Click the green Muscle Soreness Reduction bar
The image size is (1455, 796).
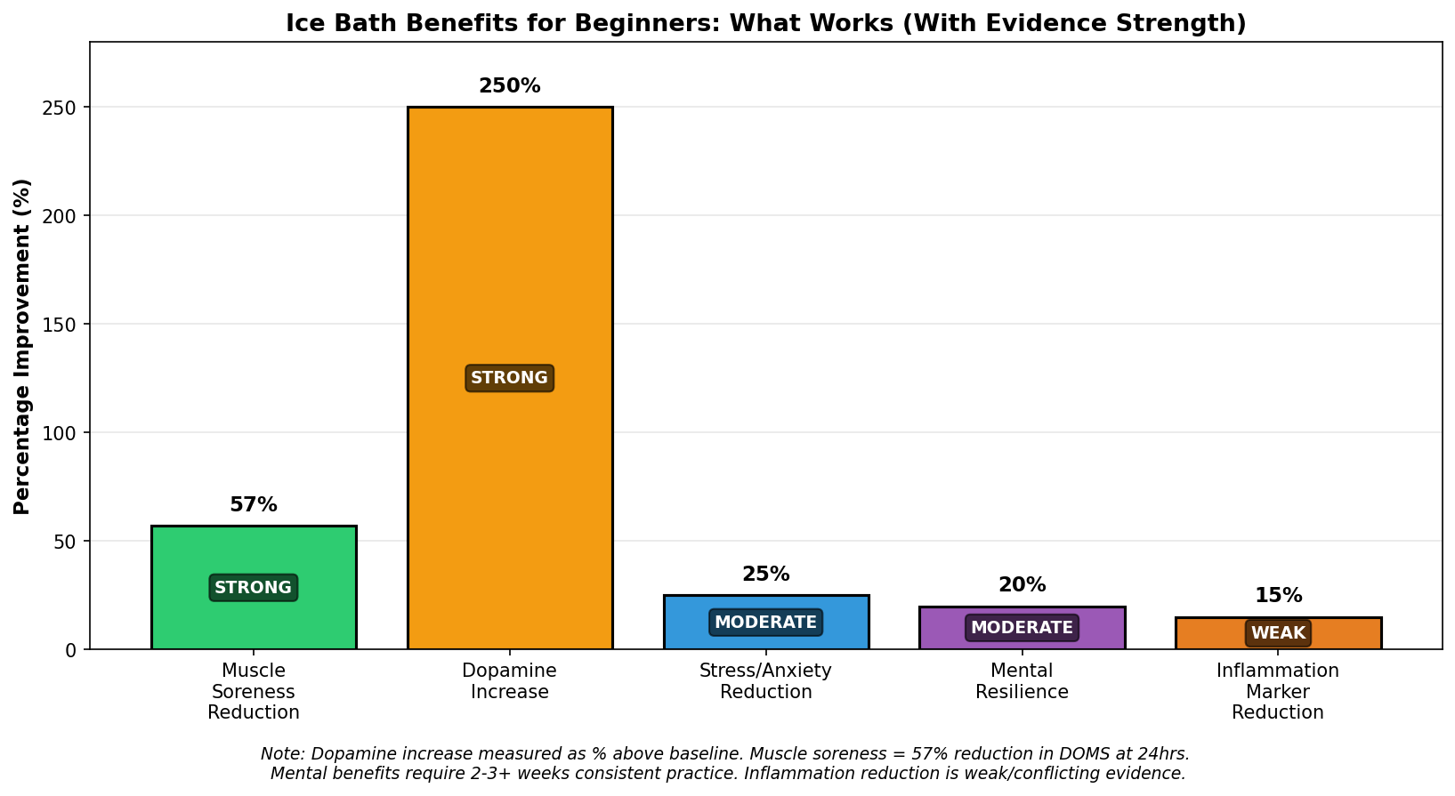[254, 587]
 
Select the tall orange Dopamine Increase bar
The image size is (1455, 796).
[510, 378]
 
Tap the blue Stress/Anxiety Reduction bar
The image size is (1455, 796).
[766, 622]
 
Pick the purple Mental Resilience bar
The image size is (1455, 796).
[1022, 628]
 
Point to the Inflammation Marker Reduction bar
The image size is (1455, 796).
[1278, 633]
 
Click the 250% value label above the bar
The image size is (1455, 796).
[510, 85]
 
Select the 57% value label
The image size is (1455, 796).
[254, 504]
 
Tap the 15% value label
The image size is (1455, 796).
[1278, 595]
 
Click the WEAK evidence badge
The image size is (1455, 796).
[1278, 633]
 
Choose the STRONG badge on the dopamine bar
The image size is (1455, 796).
[510, 378]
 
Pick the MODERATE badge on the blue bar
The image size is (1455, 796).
[766, 622]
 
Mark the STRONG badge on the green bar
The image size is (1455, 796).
[254, 588]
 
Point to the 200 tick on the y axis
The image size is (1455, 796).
[60, 215]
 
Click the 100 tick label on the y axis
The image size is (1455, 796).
[60, 432]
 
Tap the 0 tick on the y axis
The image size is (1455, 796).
[71, 650]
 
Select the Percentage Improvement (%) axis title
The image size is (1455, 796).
[22, 347]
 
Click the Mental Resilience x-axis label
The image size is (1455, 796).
[1022, 681]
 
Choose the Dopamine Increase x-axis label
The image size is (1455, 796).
[510, 681]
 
